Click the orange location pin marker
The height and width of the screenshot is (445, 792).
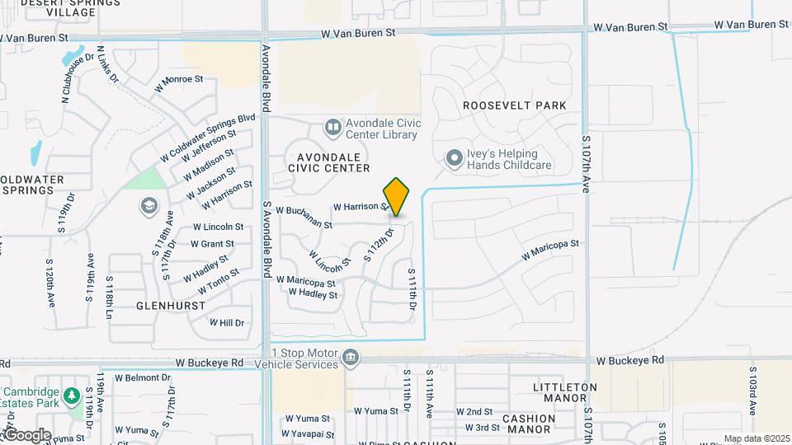pyautogui.click(x=397, y=197)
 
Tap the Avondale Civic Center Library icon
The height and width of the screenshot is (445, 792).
pyautogui.click(x=332, y=128)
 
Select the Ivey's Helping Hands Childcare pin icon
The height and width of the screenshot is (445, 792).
pyautogui.click(x=454, y=158)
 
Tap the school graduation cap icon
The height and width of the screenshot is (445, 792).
pyautogui.click(x=149, y=204)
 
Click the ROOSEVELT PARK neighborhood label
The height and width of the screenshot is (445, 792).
pyautogui.click(x=515, y=105)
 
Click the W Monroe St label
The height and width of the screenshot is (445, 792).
pyautogui.click(x=179, y=80)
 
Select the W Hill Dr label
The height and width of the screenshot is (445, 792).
pyautogui.click(x=227, y=322)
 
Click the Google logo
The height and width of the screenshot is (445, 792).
pyautogui.click(x=26, y=434)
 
